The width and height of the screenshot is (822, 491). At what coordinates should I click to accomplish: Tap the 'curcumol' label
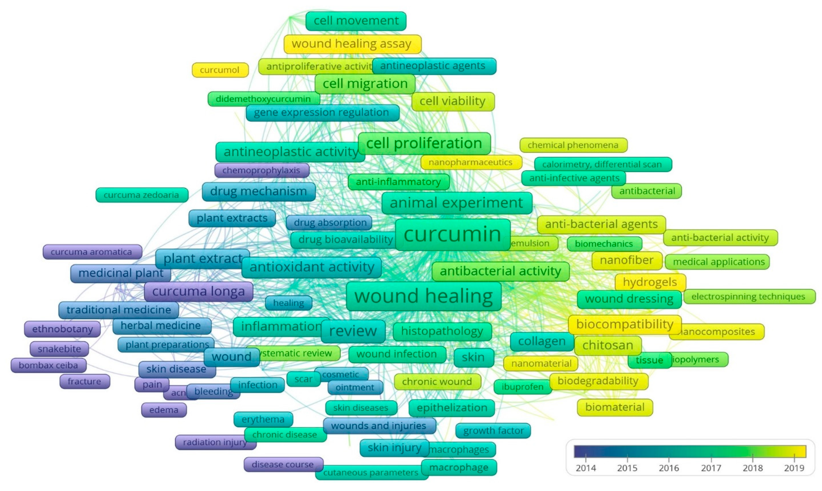click(x=220, y=70)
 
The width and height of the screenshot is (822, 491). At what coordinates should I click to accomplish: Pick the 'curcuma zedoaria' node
click(x=142, y=195)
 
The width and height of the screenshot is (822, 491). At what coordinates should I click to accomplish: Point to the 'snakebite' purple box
click(x=59, y=349)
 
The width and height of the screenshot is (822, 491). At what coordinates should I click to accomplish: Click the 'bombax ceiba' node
click(x=48, y=365)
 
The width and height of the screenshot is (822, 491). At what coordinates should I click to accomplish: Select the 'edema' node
click(x=164, y=410)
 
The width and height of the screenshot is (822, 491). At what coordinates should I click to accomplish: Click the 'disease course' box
click(x=283, y=464)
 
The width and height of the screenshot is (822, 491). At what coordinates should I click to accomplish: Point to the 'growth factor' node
click(x=493, y=430)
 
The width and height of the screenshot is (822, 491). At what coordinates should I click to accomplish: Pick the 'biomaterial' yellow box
click(x=615, y=407)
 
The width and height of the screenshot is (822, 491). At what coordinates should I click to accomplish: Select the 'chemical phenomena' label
click(x=573, y=145)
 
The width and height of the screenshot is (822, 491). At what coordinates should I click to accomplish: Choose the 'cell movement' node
click(x=356, y=21)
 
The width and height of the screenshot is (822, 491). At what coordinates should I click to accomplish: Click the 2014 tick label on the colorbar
click(x=586, y=468)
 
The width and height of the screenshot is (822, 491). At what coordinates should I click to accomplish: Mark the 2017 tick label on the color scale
click(x=711, y=468)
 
